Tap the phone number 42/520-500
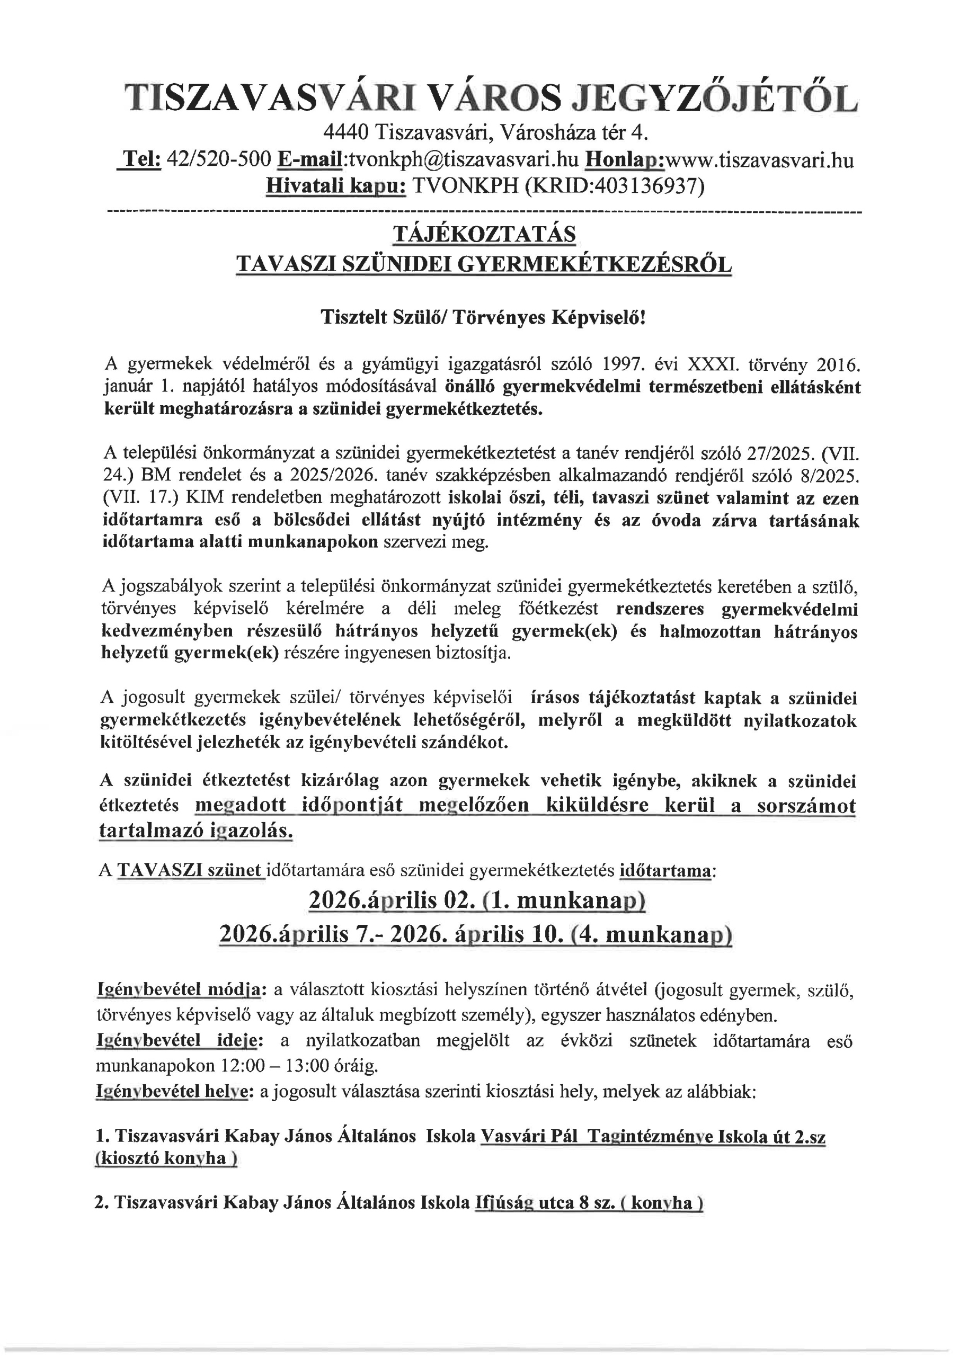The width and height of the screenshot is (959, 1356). tap(219, 159)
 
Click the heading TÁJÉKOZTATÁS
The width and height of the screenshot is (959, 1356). tap(484, 235)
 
